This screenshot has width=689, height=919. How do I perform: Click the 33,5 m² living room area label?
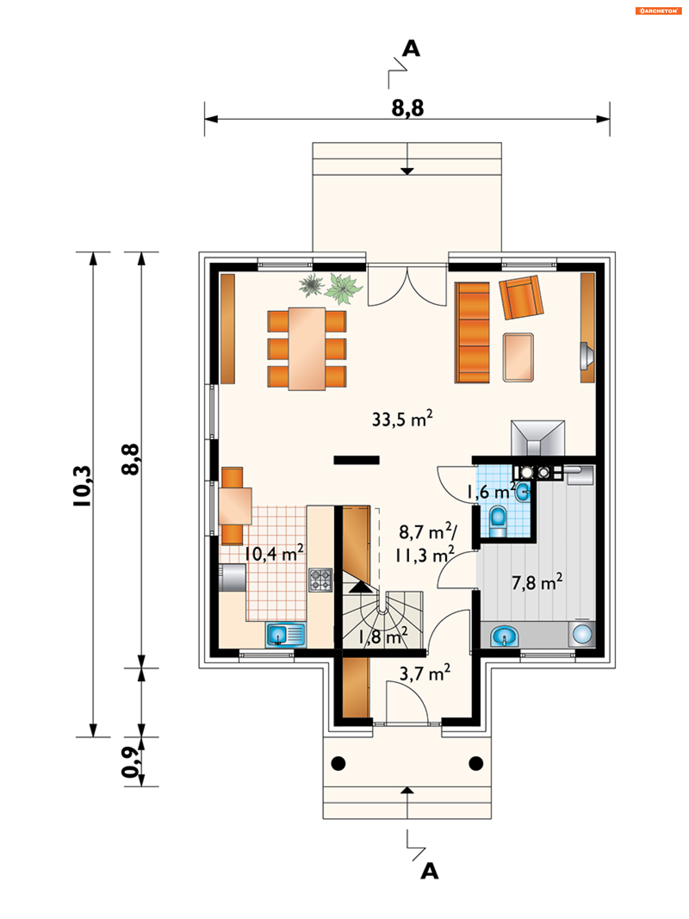tap(402, 419)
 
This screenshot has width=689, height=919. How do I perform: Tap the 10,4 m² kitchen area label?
tap(274, 553)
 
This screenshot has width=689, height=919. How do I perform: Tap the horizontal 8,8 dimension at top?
tap(407, 108)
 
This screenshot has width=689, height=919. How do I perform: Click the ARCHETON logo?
tap(658, 11)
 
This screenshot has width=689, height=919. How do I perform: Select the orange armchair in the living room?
tap(521, 297)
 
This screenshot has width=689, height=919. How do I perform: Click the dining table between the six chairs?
tap(307, 348)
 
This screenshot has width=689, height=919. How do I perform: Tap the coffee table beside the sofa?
tap(518, 357)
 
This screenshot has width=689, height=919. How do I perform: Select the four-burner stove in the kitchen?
tap(320, 580)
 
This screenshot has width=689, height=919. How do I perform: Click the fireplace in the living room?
tap(537, 438)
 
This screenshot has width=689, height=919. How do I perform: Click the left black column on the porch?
tap(338, 763)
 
